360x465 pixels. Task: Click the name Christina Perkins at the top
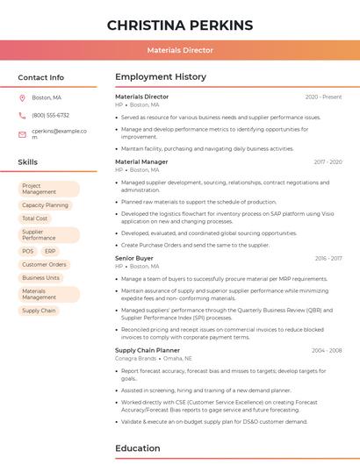click(179, 25)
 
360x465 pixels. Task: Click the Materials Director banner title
click(179, 51)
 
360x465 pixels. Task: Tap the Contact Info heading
click(40, 77)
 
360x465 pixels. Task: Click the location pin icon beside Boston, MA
click(22, 97)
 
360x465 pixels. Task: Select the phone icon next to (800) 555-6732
click(22, 115)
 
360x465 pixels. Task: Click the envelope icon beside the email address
click(22, 134)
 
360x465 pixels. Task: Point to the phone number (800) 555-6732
click(50, 115)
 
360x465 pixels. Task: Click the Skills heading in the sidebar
click(27, 162)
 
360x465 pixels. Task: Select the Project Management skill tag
click(48, 189)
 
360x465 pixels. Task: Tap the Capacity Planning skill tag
click(45, 205)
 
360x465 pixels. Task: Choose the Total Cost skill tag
click(35, 218)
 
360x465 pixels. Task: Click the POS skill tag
click(28, 251)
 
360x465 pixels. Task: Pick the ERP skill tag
click(49, 251)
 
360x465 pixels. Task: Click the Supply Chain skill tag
click(39, 311)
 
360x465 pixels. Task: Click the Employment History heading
click(161, 77)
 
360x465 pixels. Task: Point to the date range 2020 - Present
click(323, 97)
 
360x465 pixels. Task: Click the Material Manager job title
click(141, 161)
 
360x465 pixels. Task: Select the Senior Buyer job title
click(133, 258)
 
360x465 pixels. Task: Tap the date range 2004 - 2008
click(326, 350)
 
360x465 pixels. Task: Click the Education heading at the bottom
click(139, 448)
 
